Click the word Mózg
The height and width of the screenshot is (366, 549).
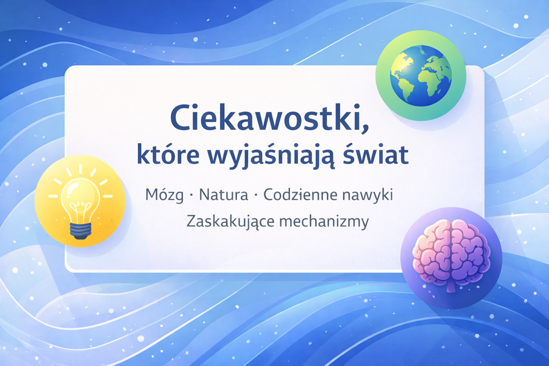(164, 195)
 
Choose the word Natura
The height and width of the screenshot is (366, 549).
(223, 195)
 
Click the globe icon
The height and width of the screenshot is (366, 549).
(421, 76)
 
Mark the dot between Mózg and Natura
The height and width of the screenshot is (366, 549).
(191, 195)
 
